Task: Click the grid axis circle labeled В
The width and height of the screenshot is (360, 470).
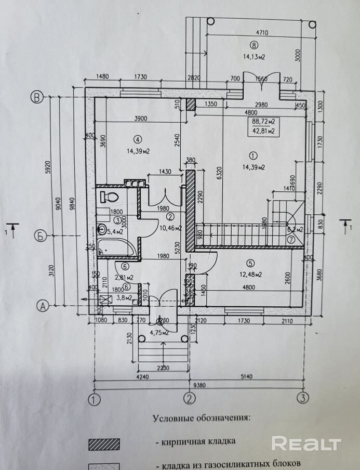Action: coord(37,97)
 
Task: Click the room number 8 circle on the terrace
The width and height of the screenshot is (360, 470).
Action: coord(254,45)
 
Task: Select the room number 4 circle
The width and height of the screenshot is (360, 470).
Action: coord(137,139)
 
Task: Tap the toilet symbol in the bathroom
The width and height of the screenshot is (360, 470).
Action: coord(109,197)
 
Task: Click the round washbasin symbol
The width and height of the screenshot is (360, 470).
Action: coord(103,230)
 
